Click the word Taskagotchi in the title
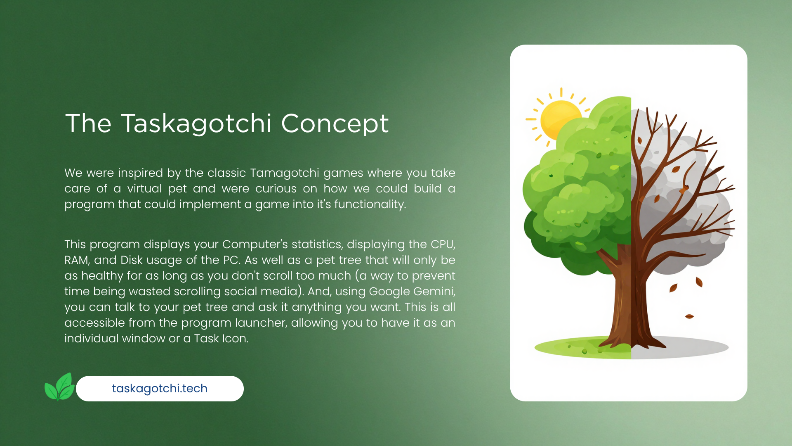tap(196, 123)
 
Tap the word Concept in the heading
tap(335, 123)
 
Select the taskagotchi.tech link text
tap(160, 389)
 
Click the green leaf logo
tap(59, 387)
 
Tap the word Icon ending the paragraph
tap(236, 339)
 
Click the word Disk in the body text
tap(132, 260)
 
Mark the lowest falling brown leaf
tap(689, 317)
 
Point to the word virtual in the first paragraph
tap(144, 189)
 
